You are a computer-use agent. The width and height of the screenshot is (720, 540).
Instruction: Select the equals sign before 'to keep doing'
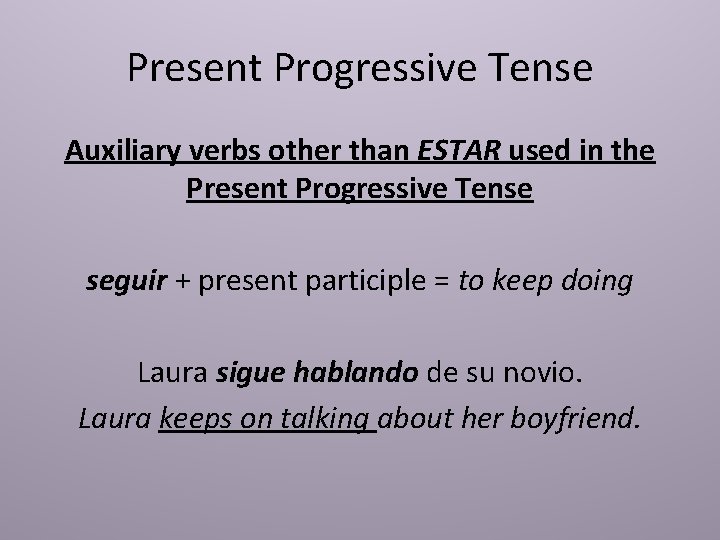441,282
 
